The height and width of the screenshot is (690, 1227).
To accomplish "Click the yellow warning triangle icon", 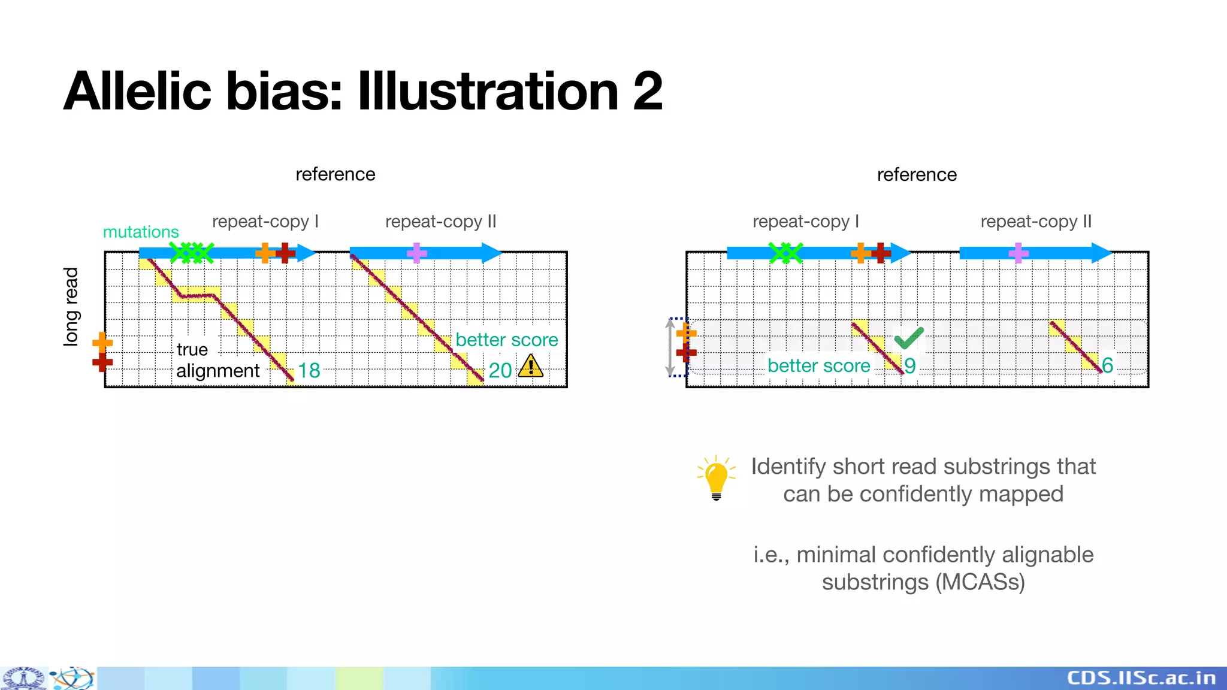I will pos(530,367).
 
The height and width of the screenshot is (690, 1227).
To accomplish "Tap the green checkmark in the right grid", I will pos(908,338).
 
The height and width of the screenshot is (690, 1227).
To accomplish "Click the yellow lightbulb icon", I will pos(716,477).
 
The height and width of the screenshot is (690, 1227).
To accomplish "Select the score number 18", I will pos(309,371).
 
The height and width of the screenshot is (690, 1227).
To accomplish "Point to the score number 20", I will pos(500,371).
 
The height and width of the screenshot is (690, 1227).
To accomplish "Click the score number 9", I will pos(910,366).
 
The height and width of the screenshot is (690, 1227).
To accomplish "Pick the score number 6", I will pos(1107,365).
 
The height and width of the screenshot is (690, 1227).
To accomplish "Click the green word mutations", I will pos(141,232).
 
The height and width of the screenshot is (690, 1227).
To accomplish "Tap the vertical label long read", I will pos(71,307).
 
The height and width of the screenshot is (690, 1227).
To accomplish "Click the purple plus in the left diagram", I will pos(417,253).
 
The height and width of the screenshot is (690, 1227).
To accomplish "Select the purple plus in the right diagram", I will pos(1019,253).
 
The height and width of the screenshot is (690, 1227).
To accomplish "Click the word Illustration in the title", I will pos(488,91).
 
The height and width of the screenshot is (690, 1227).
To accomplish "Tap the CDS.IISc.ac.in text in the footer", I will pos(1141,678).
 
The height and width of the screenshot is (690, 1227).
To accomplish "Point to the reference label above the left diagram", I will pos(336,174).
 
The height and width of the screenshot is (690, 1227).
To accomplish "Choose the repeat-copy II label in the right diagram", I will pos(1036,222).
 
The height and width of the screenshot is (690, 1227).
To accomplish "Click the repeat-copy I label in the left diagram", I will pos(265,222).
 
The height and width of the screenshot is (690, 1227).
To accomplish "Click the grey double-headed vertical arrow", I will pos(670,347).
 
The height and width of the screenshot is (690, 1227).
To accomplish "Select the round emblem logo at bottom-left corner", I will pos(24,679).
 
